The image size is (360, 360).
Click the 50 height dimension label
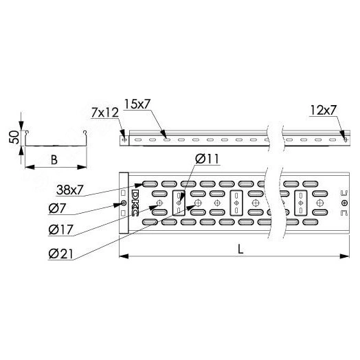(14, 137)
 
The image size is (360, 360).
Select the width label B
(54, 160)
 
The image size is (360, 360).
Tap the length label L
(240, 249)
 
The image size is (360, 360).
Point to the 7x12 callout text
(105, 113)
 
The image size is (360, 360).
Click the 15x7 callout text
(137, 104)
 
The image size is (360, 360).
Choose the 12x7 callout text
(324, 110)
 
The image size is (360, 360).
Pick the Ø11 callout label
(207, 159)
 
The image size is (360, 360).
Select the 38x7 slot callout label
(69, 190)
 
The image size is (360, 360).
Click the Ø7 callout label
(57, 209)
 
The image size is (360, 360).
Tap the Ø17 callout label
(61, 229)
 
